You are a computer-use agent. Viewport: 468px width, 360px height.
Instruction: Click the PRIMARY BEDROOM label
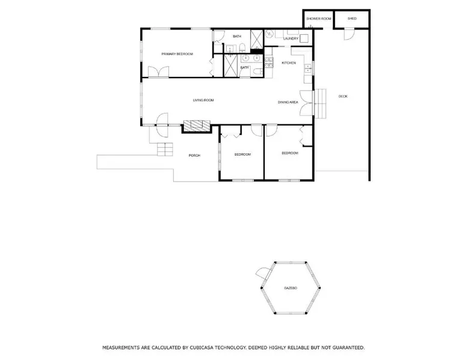177,54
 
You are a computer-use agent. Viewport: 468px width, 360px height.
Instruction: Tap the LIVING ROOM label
203,100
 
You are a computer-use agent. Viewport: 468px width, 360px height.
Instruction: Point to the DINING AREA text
288,102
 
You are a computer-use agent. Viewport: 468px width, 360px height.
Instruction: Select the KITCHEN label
289,63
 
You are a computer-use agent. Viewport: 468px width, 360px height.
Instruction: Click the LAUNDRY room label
291,39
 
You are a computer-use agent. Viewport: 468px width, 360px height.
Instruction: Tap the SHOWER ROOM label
319,19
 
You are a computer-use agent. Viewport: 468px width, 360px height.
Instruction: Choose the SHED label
352,19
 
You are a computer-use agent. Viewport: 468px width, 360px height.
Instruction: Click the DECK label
343,96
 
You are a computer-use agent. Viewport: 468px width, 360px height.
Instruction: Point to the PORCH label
194,156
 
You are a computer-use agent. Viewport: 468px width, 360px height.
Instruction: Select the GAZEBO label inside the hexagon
291,288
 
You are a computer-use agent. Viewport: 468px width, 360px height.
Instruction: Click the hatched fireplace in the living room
197,125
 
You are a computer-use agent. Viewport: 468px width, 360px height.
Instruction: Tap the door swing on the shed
349,34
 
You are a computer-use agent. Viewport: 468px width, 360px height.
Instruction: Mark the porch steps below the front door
165,150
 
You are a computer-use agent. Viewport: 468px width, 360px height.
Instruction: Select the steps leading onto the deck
321,102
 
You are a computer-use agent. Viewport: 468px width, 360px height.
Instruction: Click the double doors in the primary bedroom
159,72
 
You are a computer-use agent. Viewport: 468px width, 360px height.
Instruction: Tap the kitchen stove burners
269,63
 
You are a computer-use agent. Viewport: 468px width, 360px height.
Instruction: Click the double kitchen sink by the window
308,69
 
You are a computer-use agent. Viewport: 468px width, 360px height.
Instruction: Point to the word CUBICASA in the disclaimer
202,347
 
